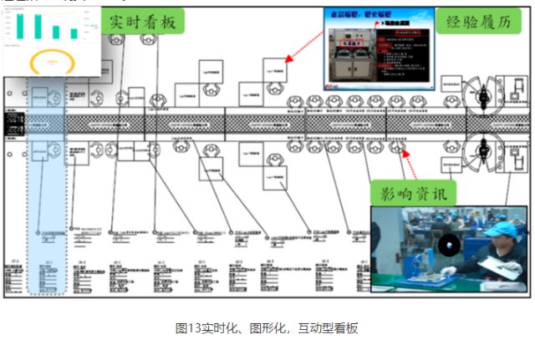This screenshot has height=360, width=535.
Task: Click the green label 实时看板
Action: (141, 23)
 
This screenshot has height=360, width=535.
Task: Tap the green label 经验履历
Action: (476, 23)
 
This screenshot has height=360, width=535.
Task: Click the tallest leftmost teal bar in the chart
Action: (18, 24)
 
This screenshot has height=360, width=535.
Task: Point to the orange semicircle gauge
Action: (49, 61)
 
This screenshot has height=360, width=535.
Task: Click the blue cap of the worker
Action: (500, 228)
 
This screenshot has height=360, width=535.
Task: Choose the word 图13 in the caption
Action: (185, 328)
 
